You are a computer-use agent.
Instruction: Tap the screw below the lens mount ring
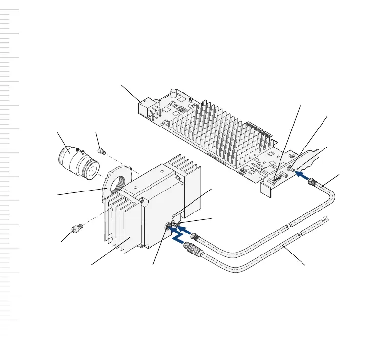(x=76, y=228)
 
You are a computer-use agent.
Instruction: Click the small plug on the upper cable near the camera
(x=195, y=236)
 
